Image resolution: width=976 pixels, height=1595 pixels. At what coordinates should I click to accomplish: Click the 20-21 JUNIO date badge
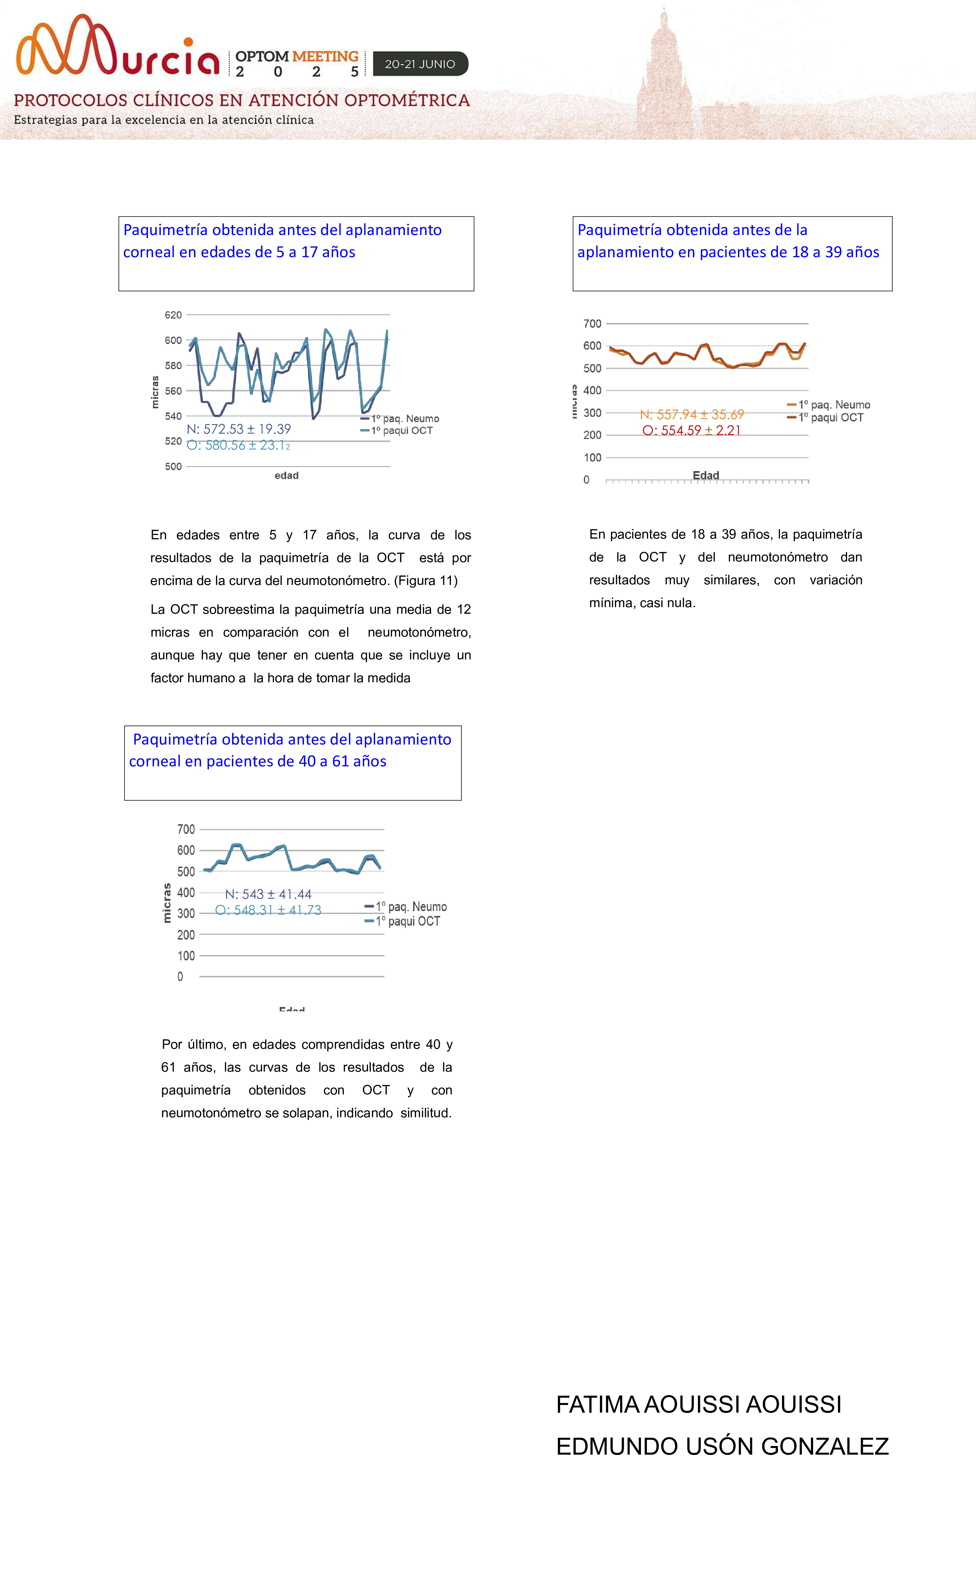coord(420,64)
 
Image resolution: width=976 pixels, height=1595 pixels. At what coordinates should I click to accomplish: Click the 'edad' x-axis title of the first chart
coord(286,476)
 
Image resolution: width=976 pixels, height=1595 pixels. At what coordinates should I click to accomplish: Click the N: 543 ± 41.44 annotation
coord(268,894)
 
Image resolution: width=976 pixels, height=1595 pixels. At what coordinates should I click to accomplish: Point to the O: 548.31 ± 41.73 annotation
coord(268,910)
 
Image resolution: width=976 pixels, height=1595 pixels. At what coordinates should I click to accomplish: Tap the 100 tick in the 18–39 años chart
coord(592,458)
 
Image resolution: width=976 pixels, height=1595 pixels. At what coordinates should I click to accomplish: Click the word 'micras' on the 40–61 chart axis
coord(167,903)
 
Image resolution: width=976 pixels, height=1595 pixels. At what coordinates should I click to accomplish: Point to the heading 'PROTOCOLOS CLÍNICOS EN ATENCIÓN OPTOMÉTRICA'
coord(241,100)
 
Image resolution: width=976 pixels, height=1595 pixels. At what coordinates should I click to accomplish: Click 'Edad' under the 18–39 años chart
coord(706,476)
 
